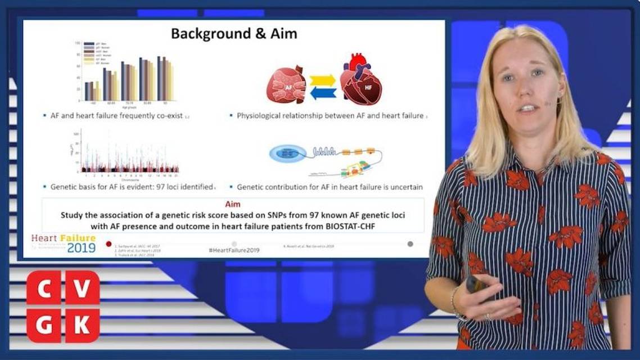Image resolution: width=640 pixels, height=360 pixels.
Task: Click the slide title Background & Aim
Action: coord(234,34)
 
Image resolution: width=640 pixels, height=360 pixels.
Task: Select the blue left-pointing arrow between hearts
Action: coord(323,93)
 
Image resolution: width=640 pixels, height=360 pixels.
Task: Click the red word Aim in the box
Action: coord(232,204)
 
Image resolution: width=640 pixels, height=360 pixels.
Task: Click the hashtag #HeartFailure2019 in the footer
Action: coord(233,250)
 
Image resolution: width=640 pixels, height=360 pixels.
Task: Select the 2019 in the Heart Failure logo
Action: coord(81,247)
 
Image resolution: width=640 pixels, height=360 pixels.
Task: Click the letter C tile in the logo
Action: coord(44,287)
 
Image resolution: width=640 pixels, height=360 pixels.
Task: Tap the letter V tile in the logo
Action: coord(82,287)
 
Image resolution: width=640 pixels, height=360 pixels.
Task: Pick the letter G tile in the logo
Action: coord(44,325)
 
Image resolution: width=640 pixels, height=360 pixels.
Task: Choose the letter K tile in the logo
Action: coord(82,325)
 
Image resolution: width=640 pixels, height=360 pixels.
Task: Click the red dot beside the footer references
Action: coord(109,244)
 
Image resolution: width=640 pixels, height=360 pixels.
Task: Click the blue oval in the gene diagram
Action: coord(287,154)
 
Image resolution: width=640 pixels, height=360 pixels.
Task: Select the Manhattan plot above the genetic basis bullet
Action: coord(129,152)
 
